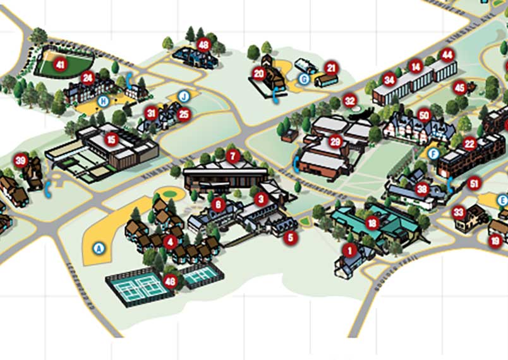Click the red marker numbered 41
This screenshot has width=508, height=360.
61,64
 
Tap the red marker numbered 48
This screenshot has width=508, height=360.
203,44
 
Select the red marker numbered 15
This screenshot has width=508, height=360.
112,139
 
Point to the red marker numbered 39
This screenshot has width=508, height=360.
21,160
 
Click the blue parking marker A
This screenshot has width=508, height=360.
98,248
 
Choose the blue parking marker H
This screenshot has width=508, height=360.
103,100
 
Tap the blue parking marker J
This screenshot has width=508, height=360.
183,97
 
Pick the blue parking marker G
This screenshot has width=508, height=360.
304,79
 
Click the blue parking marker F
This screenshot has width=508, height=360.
433,153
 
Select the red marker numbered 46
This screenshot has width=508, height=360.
170,282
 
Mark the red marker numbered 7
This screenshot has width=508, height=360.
233,155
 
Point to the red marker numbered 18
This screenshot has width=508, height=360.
372,223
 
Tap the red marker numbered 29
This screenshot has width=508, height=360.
336,141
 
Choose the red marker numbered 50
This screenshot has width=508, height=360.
424,115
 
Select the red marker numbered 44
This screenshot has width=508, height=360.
447,55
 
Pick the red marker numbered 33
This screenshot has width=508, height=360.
459,212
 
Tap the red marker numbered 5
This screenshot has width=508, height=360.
291,238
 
